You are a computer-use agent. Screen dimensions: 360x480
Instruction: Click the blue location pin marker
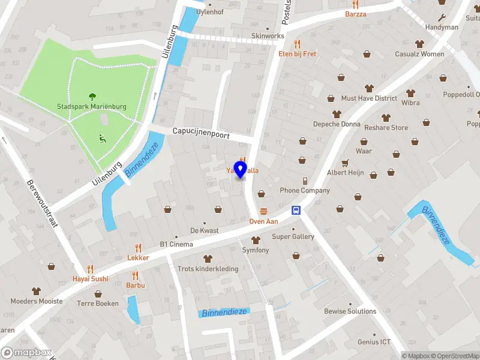(241, 169)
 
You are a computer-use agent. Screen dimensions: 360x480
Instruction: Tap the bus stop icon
(296, 210)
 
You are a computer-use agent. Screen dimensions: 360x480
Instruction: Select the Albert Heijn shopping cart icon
(345, 163)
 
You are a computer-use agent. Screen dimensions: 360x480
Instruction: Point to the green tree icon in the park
(92, 96)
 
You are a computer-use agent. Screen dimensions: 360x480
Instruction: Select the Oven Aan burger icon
(264, 211)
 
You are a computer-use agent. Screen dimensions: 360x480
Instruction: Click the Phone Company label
(305, 191)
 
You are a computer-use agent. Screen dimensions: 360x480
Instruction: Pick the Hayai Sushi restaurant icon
(91, 269)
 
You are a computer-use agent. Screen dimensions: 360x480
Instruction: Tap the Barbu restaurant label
(136, 286)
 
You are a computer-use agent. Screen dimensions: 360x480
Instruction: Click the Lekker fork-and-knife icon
(138, 248)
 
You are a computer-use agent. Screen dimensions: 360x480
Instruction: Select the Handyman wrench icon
(442, 17)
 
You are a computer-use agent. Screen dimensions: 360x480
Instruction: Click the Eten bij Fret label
(298, 54)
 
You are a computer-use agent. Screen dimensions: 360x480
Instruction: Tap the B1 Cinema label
(176, 244)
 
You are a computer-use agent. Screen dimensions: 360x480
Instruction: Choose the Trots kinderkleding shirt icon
(208, 259)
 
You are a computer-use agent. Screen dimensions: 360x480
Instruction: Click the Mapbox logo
(26, 353)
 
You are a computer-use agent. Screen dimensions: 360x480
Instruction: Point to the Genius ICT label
(374, 342)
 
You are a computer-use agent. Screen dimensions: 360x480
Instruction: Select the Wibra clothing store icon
(410, 93)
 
